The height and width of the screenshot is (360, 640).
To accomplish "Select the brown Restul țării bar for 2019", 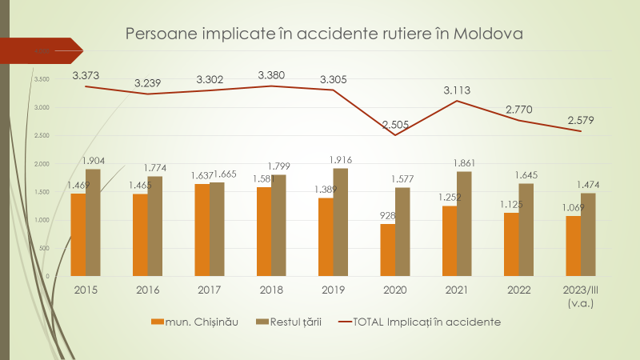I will click(340, 222).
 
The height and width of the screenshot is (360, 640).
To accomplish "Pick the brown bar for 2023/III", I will click(588, 234).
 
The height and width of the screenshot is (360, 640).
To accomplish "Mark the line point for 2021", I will click(456, 101).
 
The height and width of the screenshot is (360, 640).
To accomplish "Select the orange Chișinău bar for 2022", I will click(511, 244).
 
